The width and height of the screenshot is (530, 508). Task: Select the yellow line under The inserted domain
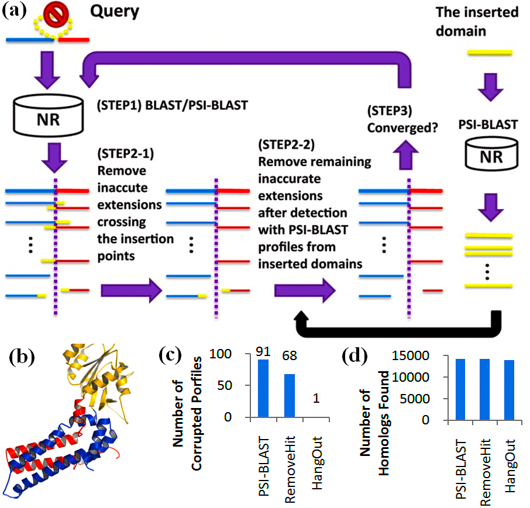(x=490, y=53)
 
